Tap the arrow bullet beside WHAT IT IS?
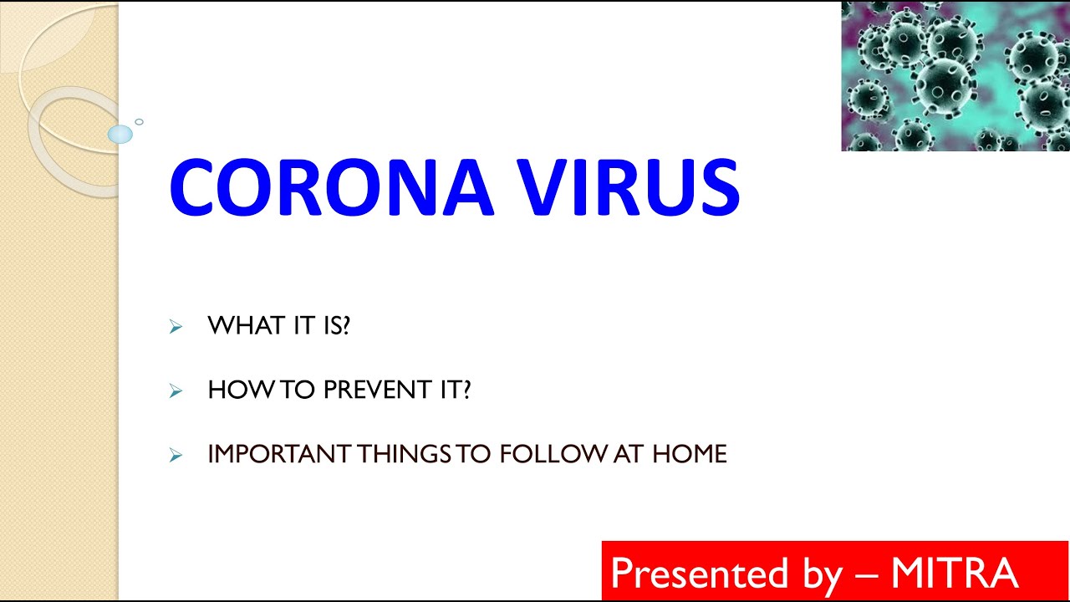pyautogui.click(x=176, y=327)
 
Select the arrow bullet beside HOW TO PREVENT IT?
pyautogui.click(x=176, y=390)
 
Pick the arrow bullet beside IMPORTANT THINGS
pyautogui.click(x=176, y=455)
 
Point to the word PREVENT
pyautogui.click(x=378, y=390)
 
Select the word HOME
pyautogui.click(x=690, y=453)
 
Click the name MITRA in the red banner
pyautogui.click(x=955, y=573)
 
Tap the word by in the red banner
pyautogui.click(x=823, y=576)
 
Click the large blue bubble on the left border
pyautogui.click(x=120, y=135)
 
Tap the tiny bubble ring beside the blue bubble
pyautogui.click(x=139, y=122)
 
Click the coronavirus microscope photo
pyautogui.click(x=955, y=76)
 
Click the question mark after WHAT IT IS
pyautogui.click(x=346, y=325)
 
